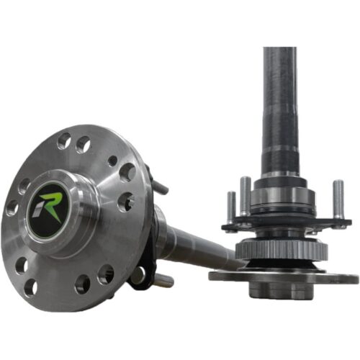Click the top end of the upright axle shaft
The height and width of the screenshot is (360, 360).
279,52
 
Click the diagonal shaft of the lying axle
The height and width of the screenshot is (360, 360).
198,248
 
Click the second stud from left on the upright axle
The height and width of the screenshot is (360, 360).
246,197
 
